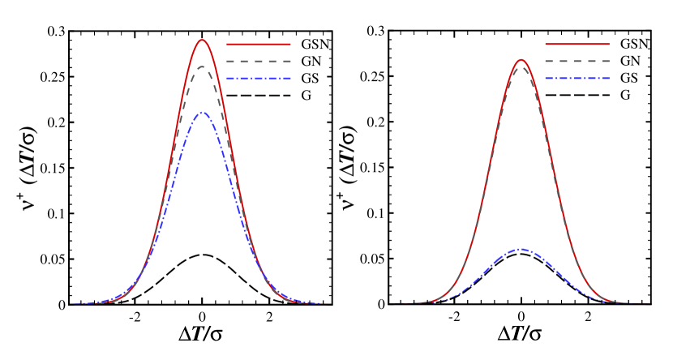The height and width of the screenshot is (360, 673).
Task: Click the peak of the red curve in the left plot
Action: pos(202,40)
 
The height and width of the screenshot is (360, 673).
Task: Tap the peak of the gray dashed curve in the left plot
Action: pos(202,66)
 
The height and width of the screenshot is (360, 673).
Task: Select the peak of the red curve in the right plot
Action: pos(521,59)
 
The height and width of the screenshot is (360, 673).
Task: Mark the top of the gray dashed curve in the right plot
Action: pos(521,66)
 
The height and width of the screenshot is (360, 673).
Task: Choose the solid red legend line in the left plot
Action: pos(259,45)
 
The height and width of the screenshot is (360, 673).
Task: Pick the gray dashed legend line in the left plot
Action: pos(259,62)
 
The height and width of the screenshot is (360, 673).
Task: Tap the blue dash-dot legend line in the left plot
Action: pos(259,79)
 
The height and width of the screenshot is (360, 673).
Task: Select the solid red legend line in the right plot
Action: pos(577,45)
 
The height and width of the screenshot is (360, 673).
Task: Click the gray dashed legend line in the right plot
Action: pos(577,62)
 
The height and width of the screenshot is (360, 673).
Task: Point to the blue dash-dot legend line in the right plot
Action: pos(577,79)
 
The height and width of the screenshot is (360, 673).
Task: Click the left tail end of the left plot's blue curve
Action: pos(74,303)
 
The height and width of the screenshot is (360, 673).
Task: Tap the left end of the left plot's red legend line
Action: pos(227,45)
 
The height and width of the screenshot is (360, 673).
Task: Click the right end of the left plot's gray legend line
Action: pos(290,62)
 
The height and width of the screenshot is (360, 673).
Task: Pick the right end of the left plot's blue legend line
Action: pos(290,79)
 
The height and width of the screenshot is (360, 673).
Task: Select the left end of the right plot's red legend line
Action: pos(546,45)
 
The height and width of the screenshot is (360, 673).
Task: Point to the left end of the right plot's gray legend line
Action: pos(546,62)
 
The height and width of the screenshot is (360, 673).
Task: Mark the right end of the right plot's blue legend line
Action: pos(609,79)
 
